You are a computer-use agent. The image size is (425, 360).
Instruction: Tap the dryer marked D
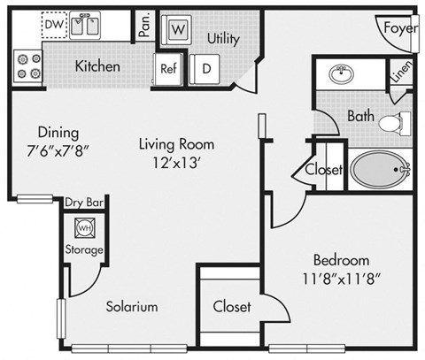(x=205, y=66)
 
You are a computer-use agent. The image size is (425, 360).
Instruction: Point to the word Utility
(x=223, y=39)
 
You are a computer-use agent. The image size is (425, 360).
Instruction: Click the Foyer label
(x=399, y=27)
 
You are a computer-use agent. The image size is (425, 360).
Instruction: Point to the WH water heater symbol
(x=85, y=226)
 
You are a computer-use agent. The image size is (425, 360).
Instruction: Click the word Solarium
(x=132, y=307)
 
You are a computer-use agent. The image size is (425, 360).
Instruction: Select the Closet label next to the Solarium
(x=232, y=307)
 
